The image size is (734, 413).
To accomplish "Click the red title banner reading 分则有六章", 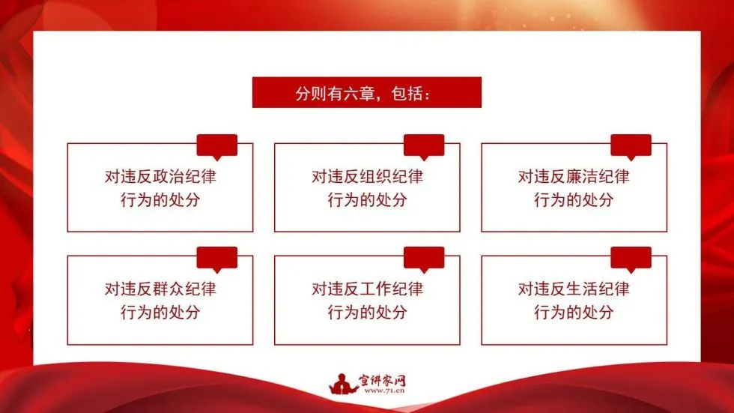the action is (x=366, y=92).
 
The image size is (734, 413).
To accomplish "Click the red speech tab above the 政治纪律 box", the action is (x=217, y=145).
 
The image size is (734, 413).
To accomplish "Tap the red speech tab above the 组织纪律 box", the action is (x=424, y=145).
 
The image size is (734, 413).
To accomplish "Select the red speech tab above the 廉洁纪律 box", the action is (x=631, y=145).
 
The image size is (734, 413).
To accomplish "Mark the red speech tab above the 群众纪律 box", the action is (x=217, y=258).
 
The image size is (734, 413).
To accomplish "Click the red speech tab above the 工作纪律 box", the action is (x=424, y=258).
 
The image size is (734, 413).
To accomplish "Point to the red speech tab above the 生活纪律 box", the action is (x=631, y=258).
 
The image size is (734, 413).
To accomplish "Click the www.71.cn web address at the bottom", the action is (x=383, y=391).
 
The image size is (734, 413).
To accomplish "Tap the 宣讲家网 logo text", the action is (x=382, y=380).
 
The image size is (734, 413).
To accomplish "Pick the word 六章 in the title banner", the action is (x=359, y=93).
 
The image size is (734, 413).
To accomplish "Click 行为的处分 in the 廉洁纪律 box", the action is (x=574, y=200).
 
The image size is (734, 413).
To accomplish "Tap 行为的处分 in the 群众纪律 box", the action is (x=160, y=313).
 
